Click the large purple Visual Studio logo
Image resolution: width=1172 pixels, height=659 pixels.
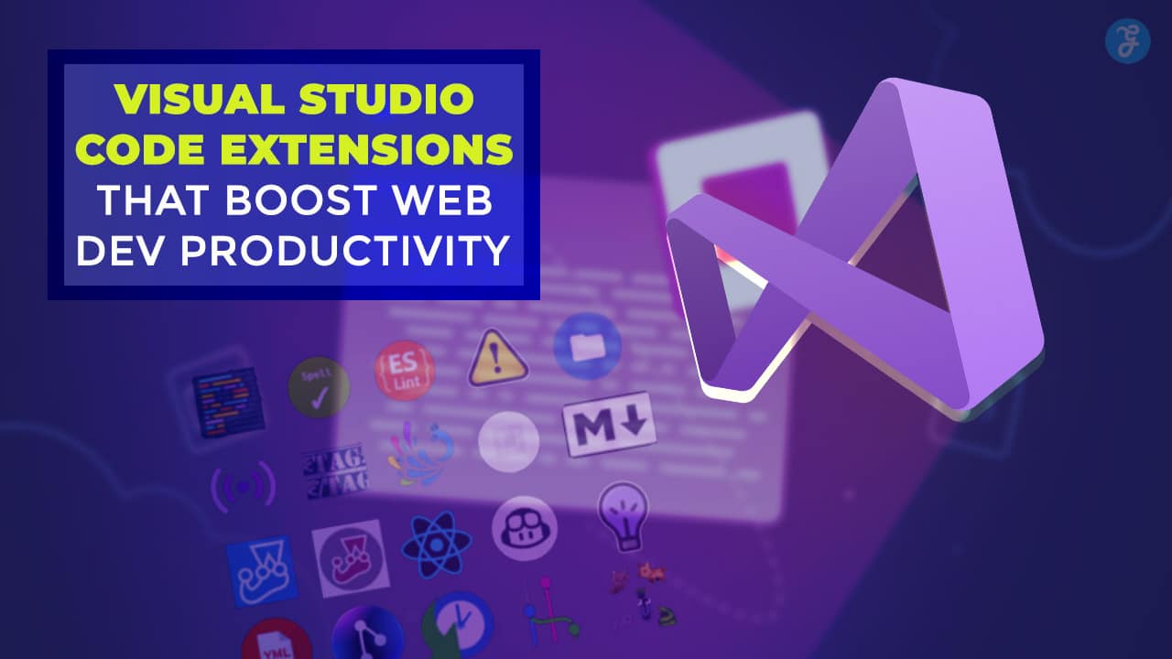(x=856, y=256)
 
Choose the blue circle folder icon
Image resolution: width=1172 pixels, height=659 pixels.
(x=587, y=345)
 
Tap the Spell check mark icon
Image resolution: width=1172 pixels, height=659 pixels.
(x=318, y=388)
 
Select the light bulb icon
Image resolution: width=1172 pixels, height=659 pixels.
(x=624, y=515)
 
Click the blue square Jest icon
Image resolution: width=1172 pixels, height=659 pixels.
(x=263, y=570)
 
